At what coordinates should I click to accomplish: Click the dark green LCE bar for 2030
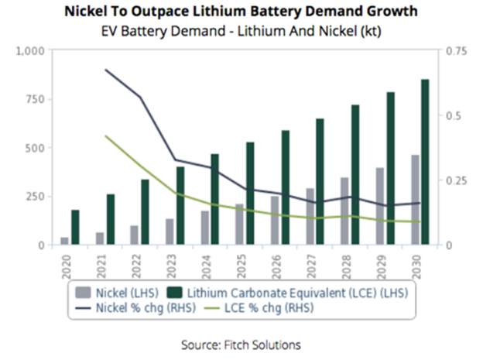click(425, 162)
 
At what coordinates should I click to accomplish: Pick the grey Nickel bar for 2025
click(238, 225)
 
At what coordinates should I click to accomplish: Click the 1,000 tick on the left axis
click(33, 51)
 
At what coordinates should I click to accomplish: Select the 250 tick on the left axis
click(37, 197)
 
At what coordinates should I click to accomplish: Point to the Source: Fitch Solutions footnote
click(241, 343)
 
